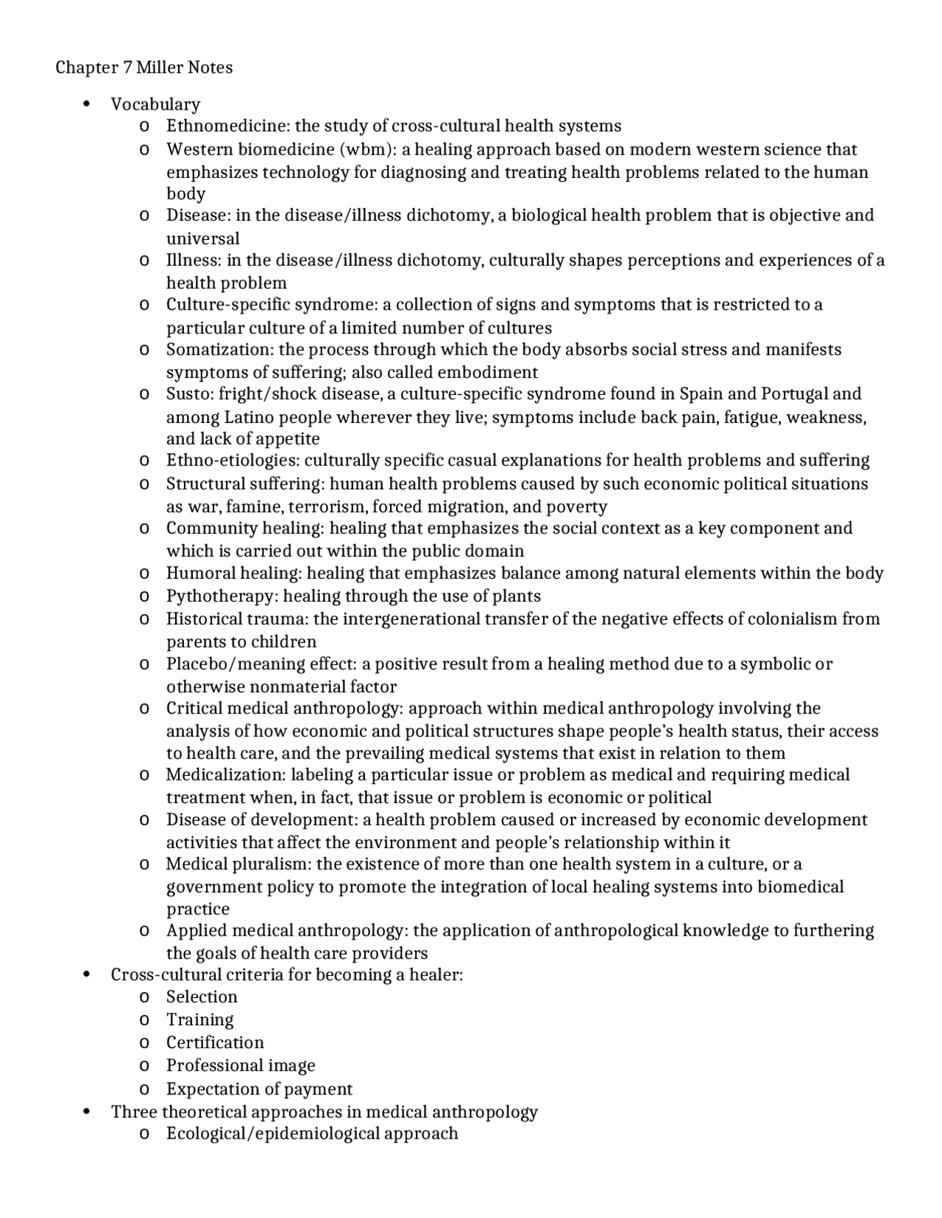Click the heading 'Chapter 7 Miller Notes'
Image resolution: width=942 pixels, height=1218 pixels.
pyautogui.click(x=144, y=68)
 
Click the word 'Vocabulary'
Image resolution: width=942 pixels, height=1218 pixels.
pyautogui.click(x=155, y=104)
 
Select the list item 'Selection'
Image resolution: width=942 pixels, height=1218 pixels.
pyautogui.click(x=202, y=997)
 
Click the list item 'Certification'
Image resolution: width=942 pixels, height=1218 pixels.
pyautogui.click(x=215, y=1043)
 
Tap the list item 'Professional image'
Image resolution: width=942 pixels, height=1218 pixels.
pyautogui.click(x=241, y=1066)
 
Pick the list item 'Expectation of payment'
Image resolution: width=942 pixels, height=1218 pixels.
pyautogui.click(x=259, y=1089)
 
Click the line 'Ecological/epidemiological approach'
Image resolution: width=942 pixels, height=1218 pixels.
pyautogui.click(x=312, y=1133)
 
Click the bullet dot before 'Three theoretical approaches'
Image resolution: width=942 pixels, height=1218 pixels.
pyautogui.click(x=87, y=1111)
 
